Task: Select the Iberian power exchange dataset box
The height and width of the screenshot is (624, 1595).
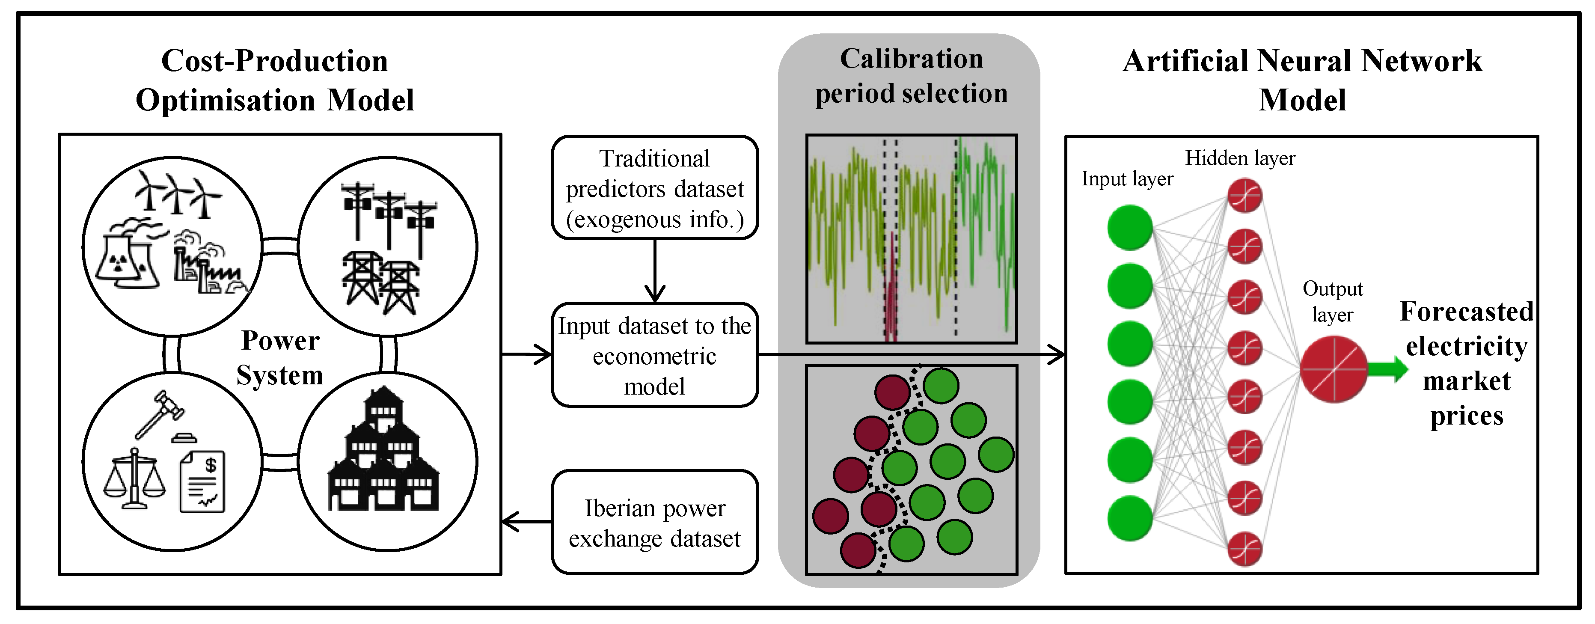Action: click(x=654, y=523)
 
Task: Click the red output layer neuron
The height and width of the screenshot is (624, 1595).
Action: click(x=1333, y=370)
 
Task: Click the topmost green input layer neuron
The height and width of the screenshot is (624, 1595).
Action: click(x=1129, y=228)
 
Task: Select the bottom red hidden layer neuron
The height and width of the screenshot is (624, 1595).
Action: click(x=1245, y=549)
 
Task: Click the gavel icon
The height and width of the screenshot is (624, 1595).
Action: click(x=160, y=413)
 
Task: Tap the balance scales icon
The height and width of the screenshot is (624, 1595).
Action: click(x=134, y=480)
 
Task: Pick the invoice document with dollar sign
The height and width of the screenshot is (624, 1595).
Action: click(x=202, y=481)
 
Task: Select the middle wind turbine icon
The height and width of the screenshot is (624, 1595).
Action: click(x=176, y=193)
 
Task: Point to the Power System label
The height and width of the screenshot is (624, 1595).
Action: click(x=280, y=358)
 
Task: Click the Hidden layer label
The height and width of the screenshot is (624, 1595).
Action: click(x=1240, y=158)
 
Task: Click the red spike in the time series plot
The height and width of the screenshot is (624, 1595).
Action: click(x=891, y=291)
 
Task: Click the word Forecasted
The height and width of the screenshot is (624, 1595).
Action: click(x=1466, y=312)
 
